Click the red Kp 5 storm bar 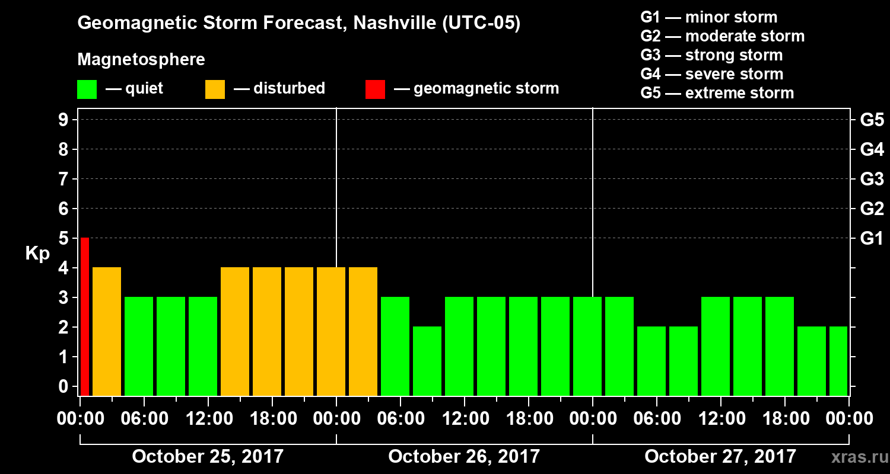85,316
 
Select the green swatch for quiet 87,89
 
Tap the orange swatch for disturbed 215,89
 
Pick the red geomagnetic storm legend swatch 375,89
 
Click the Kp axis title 37,254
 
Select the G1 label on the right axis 872,239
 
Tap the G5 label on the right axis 872,120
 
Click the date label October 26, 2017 464,457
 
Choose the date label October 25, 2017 208,457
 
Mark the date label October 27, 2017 720,457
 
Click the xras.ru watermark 854,457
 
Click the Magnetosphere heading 141,60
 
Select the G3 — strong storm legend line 711,55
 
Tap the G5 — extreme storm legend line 717,93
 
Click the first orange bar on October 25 107,331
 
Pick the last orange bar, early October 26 363,331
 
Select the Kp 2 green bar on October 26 427,361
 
